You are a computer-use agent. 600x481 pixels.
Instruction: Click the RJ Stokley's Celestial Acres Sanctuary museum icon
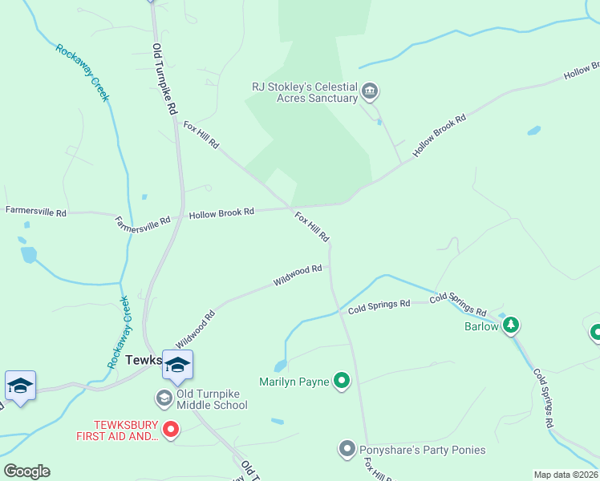click(370, 90)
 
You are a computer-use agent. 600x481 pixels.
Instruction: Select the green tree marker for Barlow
click(511, 325)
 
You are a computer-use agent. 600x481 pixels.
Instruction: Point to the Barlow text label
click(481, 326)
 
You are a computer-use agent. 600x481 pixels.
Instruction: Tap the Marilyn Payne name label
click(294, 382)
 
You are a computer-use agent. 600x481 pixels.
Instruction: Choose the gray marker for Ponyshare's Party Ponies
click(347, 449)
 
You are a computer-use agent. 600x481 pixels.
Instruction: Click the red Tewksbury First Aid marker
click(170, 430)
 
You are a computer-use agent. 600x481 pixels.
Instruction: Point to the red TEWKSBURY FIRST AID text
click(116, 430)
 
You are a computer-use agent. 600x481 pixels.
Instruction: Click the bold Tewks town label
click(144, 361)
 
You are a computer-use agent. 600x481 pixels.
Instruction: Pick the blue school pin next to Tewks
click(177, 366)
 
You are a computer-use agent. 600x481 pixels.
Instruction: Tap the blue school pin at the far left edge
click(20, 386)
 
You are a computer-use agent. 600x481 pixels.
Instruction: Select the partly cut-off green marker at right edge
click(595, 331)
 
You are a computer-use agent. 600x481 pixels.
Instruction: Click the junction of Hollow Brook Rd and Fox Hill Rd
click(291, 207)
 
